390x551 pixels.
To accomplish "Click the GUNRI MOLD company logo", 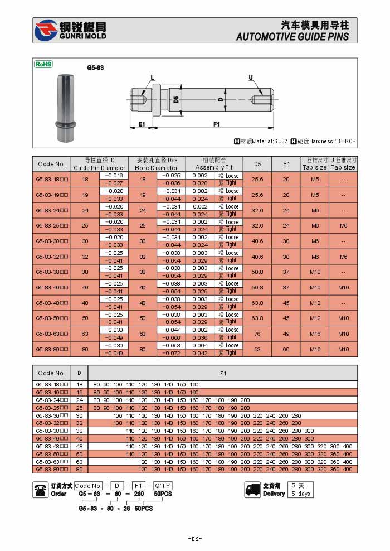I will [x=70, y=31].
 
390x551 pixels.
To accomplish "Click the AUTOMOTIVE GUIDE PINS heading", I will [x=292, y=37].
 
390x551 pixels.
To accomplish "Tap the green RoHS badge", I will [x=43, y=64].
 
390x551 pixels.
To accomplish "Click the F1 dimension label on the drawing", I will [x=216, y=124].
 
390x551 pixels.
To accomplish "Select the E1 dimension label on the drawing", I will [x=142, y=124].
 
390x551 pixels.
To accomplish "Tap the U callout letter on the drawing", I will [x=251, y=77].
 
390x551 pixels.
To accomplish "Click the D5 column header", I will [x=257, y=164].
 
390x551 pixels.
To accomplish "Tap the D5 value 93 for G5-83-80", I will [x=257, y=349].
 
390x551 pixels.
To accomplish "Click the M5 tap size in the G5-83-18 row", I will [x=315, y=180].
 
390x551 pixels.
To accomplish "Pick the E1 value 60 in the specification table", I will [x=286, y=349].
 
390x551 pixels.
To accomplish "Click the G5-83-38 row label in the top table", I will [x=52, y=272].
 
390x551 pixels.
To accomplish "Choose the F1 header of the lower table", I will [x=223, y=373].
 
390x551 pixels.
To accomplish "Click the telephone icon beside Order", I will [x=41, y=490].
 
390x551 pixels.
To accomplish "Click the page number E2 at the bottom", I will [x=194, y=539].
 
